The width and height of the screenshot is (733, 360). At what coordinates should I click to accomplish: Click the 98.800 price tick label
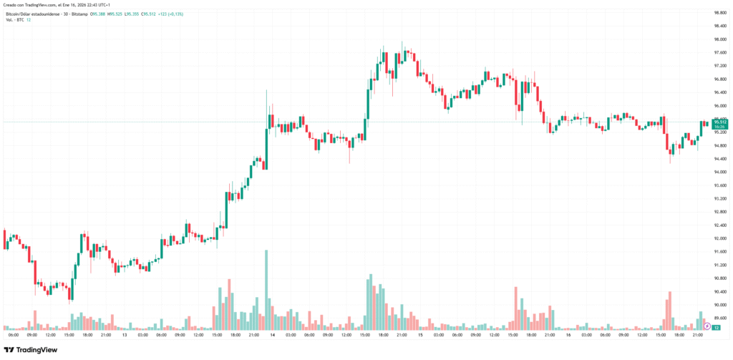point(717,13)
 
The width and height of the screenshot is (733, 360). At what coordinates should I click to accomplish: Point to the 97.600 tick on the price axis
point(717,52)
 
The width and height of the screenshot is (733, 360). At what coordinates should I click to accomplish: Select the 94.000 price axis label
point(717,172)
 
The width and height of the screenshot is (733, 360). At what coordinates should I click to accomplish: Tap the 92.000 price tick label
point(717,238)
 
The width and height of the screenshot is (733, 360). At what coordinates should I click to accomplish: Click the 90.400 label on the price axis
point(717,291)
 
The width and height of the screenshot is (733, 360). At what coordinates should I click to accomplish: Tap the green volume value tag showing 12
point(716,326)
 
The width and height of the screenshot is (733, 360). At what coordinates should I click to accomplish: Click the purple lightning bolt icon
point(707,326)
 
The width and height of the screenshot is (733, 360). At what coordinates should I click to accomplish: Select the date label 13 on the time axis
point(125,335)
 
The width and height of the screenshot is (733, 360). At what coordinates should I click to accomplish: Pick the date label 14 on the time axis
point(273,335)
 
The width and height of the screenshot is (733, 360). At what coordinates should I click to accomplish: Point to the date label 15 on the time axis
point(420,335)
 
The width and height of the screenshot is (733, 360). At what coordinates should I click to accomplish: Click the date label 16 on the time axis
point(568,335)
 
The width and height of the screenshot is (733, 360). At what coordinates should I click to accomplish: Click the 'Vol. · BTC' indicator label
point(14,19)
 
